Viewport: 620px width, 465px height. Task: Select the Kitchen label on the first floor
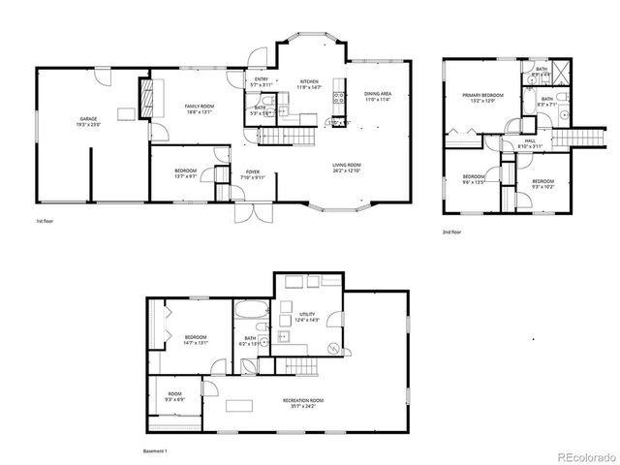click(x=309, y=84)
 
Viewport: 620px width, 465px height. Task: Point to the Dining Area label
click(x=377, y=95)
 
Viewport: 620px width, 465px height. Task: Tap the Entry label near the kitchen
click(x=261, y=81)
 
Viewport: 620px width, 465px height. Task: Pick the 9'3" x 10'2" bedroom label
click(x=542, y=184)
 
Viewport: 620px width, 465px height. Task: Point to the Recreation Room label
click(x=303, y=402)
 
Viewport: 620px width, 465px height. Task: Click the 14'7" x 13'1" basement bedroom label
click(x=196, y=339)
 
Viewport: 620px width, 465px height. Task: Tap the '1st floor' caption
click(x=45, y=222)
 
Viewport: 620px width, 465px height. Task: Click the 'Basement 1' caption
click(x=154, y=451)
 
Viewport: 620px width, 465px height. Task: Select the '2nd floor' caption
click(x=451, y=232)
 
